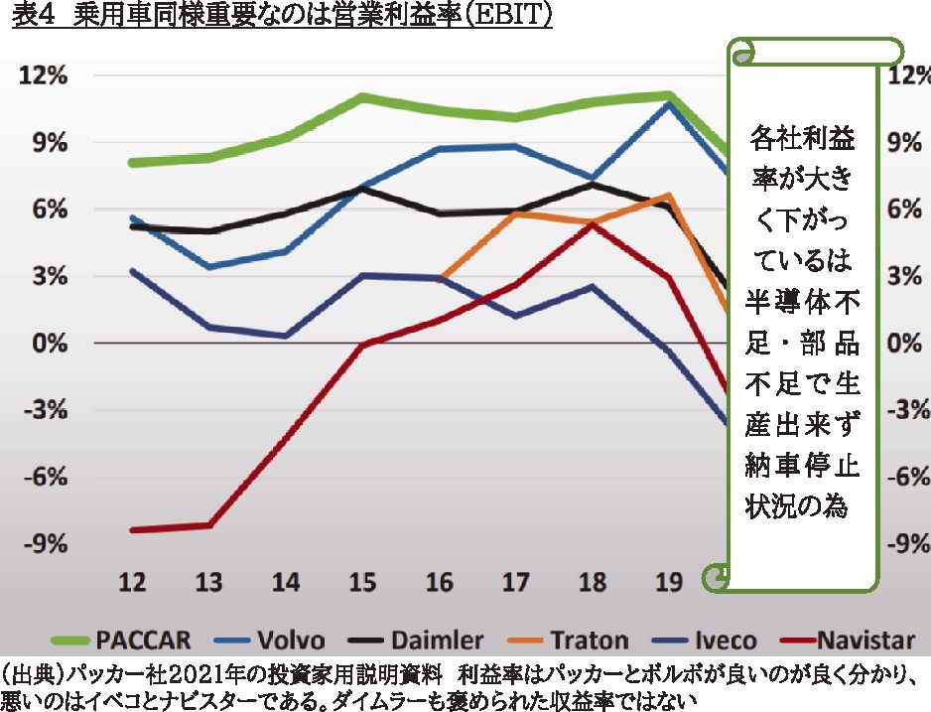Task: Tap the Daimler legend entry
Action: pyautogui.click(x=438, y=640)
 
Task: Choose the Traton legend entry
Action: pyautogui.click(x=589, y=640)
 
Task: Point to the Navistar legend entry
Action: pyautogui.click(x=869, y=640)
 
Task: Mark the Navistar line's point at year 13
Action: pyautogui.click(x=209, y=524)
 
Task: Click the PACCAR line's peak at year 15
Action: pyautogui.click(x=363, y=96)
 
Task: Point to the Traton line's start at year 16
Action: pyautogui.click(x=440, y=279)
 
